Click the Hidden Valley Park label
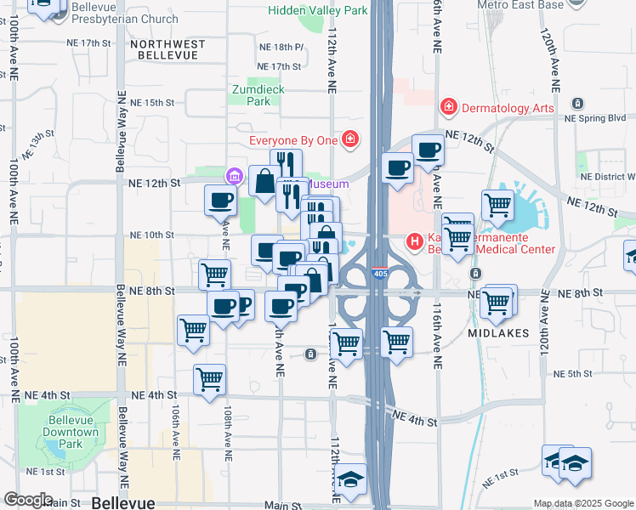[317, 10]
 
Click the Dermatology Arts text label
[508, 108]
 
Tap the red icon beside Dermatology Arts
[448, 107]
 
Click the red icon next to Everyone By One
[350, 139]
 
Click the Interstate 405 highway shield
[381, 274]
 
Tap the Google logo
[28, 500]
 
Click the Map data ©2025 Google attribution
[583, 503]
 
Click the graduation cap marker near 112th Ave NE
[350, 480]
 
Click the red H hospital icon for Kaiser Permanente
[415, 242]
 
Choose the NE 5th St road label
[571, 374]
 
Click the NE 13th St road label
[38, 145]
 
